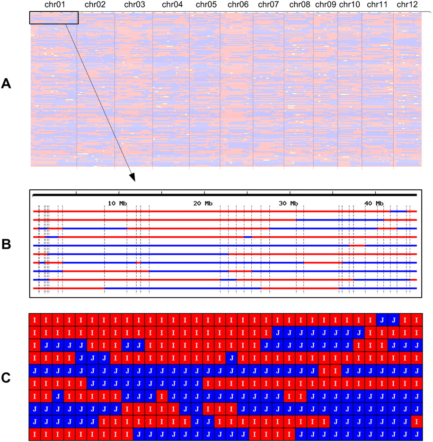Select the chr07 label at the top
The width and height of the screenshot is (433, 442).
(268, 5)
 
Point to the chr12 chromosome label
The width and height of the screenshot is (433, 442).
(407, 5)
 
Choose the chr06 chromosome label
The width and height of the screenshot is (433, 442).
(238, 5)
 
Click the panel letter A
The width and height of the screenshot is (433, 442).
(6, 84)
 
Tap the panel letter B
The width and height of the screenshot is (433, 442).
(6, 244)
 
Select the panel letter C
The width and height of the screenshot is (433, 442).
(6, 377)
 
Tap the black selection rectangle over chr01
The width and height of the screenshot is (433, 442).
(53, 18)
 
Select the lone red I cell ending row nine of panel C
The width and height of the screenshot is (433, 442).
(416, 421)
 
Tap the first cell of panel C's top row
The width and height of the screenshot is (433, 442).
(34, 319)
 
